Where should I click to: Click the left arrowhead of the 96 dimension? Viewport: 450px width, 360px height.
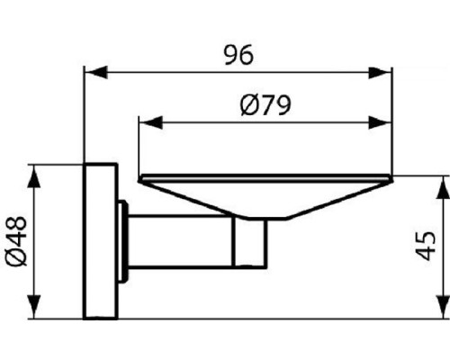90,72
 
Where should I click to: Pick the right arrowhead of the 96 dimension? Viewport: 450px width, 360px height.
386,72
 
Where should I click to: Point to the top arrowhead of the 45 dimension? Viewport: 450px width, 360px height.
442,183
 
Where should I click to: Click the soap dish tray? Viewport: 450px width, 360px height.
261,193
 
